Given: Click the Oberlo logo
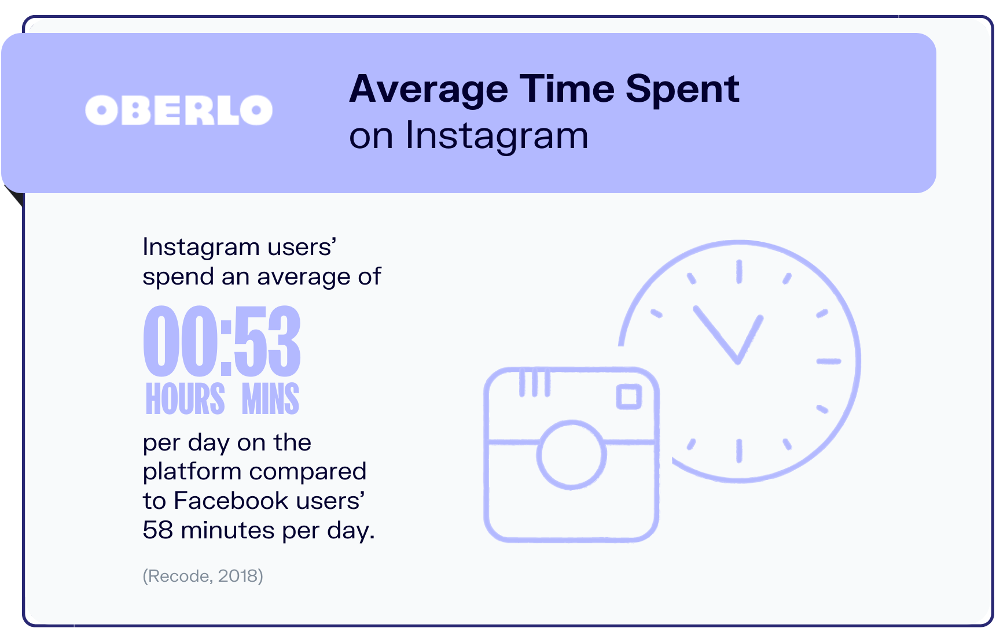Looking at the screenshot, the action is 179,110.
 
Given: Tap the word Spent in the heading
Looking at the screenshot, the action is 682,90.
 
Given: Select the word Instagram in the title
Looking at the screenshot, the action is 497,137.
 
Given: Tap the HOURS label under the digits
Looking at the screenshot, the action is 185,398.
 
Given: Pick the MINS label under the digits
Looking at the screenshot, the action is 270,398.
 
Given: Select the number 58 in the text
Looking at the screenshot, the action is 158,530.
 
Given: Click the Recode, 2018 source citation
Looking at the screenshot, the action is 203,576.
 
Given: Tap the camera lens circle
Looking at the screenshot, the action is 571,455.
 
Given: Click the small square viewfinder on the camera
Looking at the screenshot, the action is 629,397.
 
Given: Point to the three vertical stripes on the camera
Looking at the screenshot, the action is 534,382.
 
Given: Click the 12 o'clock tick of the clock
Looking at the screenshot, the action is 739,272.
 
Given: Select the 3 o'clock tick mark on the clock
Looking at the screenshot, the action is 828,361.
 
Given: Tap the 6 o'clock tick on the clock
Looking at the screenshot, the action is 739,450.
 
